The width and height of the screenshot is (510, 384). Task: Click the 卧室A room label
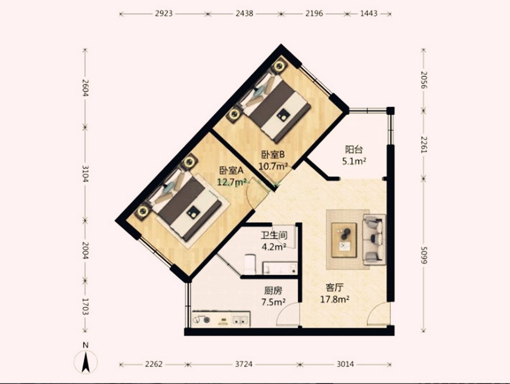click(x=231, y=170)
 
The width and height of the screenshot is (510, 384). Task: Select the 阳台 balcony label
click(x=354, y=150)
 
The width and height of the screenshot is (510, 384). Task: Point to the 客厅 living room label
click(x=335, y=288)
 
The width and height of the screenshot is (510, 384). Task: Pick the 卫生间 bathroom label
click(x=274, y=235)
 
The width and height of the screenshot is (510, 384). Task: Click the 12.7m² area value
click(x=232, y=182)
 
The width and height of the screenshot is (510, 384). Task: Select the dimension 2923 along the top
click(x=163, y=14)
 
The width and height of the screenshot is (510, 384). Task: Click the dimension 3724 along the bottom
click(x=244, y=364)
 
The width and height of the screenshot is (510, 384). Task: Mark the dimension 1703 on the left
click(x=85, y=306)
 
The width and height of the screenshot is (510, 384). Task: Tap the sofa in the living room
click(x=375, y=240)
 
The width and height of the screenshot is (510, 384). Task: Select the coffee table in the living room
click(x=344, y=240)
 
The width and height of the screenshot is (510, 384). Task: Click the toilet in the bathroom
click(x=250, y=263)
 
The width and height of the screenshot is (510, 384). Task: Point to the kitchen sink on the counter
click(x=241, y=319)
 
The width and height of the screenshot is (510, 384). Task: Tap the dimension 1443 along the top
click(x=369, y=14)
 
